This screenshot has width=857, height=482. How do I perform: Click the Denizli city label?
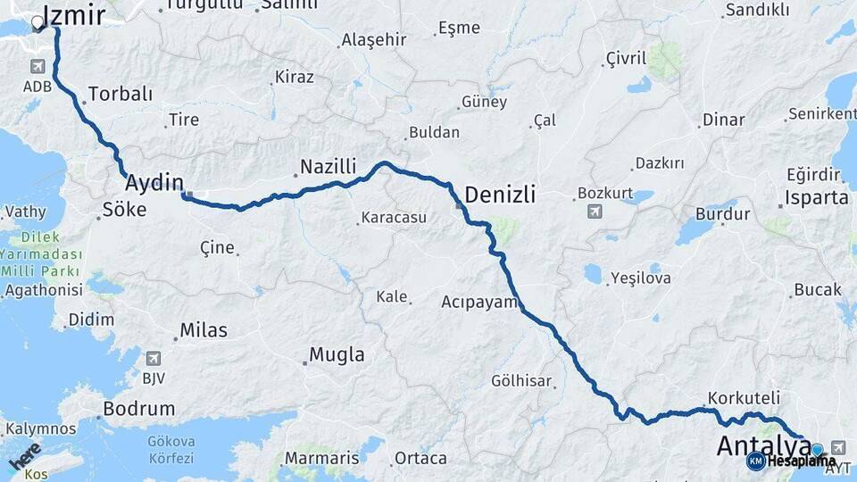[500, 194]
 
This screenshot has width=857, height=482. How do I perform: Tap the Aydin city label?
[154, 183]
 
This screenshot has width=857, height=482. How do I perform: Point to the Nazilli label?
[328, 166]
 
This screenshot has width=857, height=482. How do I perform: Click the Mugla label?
[337, 354]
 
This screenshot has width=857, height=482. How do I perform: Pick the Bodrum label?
[138, 409]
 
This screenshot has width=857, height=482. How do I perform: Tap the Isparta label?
[817, 197]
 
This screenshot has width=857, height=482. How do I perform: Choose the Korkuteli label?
[744, 397]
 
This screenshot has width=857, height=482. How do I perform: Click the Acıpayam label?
[479, 302]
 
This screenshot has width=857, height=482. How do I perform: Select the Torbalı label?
[121, 94]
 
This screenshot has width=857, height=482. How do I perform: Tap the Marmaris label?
[321, 458]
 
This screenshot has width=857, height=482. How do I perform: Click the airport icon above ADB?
[37, 67]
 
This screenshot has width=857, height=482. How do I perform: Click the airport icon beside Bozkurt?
[595, 212]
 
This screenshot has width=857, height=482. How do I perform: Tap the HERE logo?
[24, 455]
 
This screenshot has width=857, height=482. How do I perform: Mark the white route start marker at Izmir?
[37, 24]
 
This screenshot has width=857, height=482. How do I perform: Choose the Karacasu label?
[394, 217]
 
